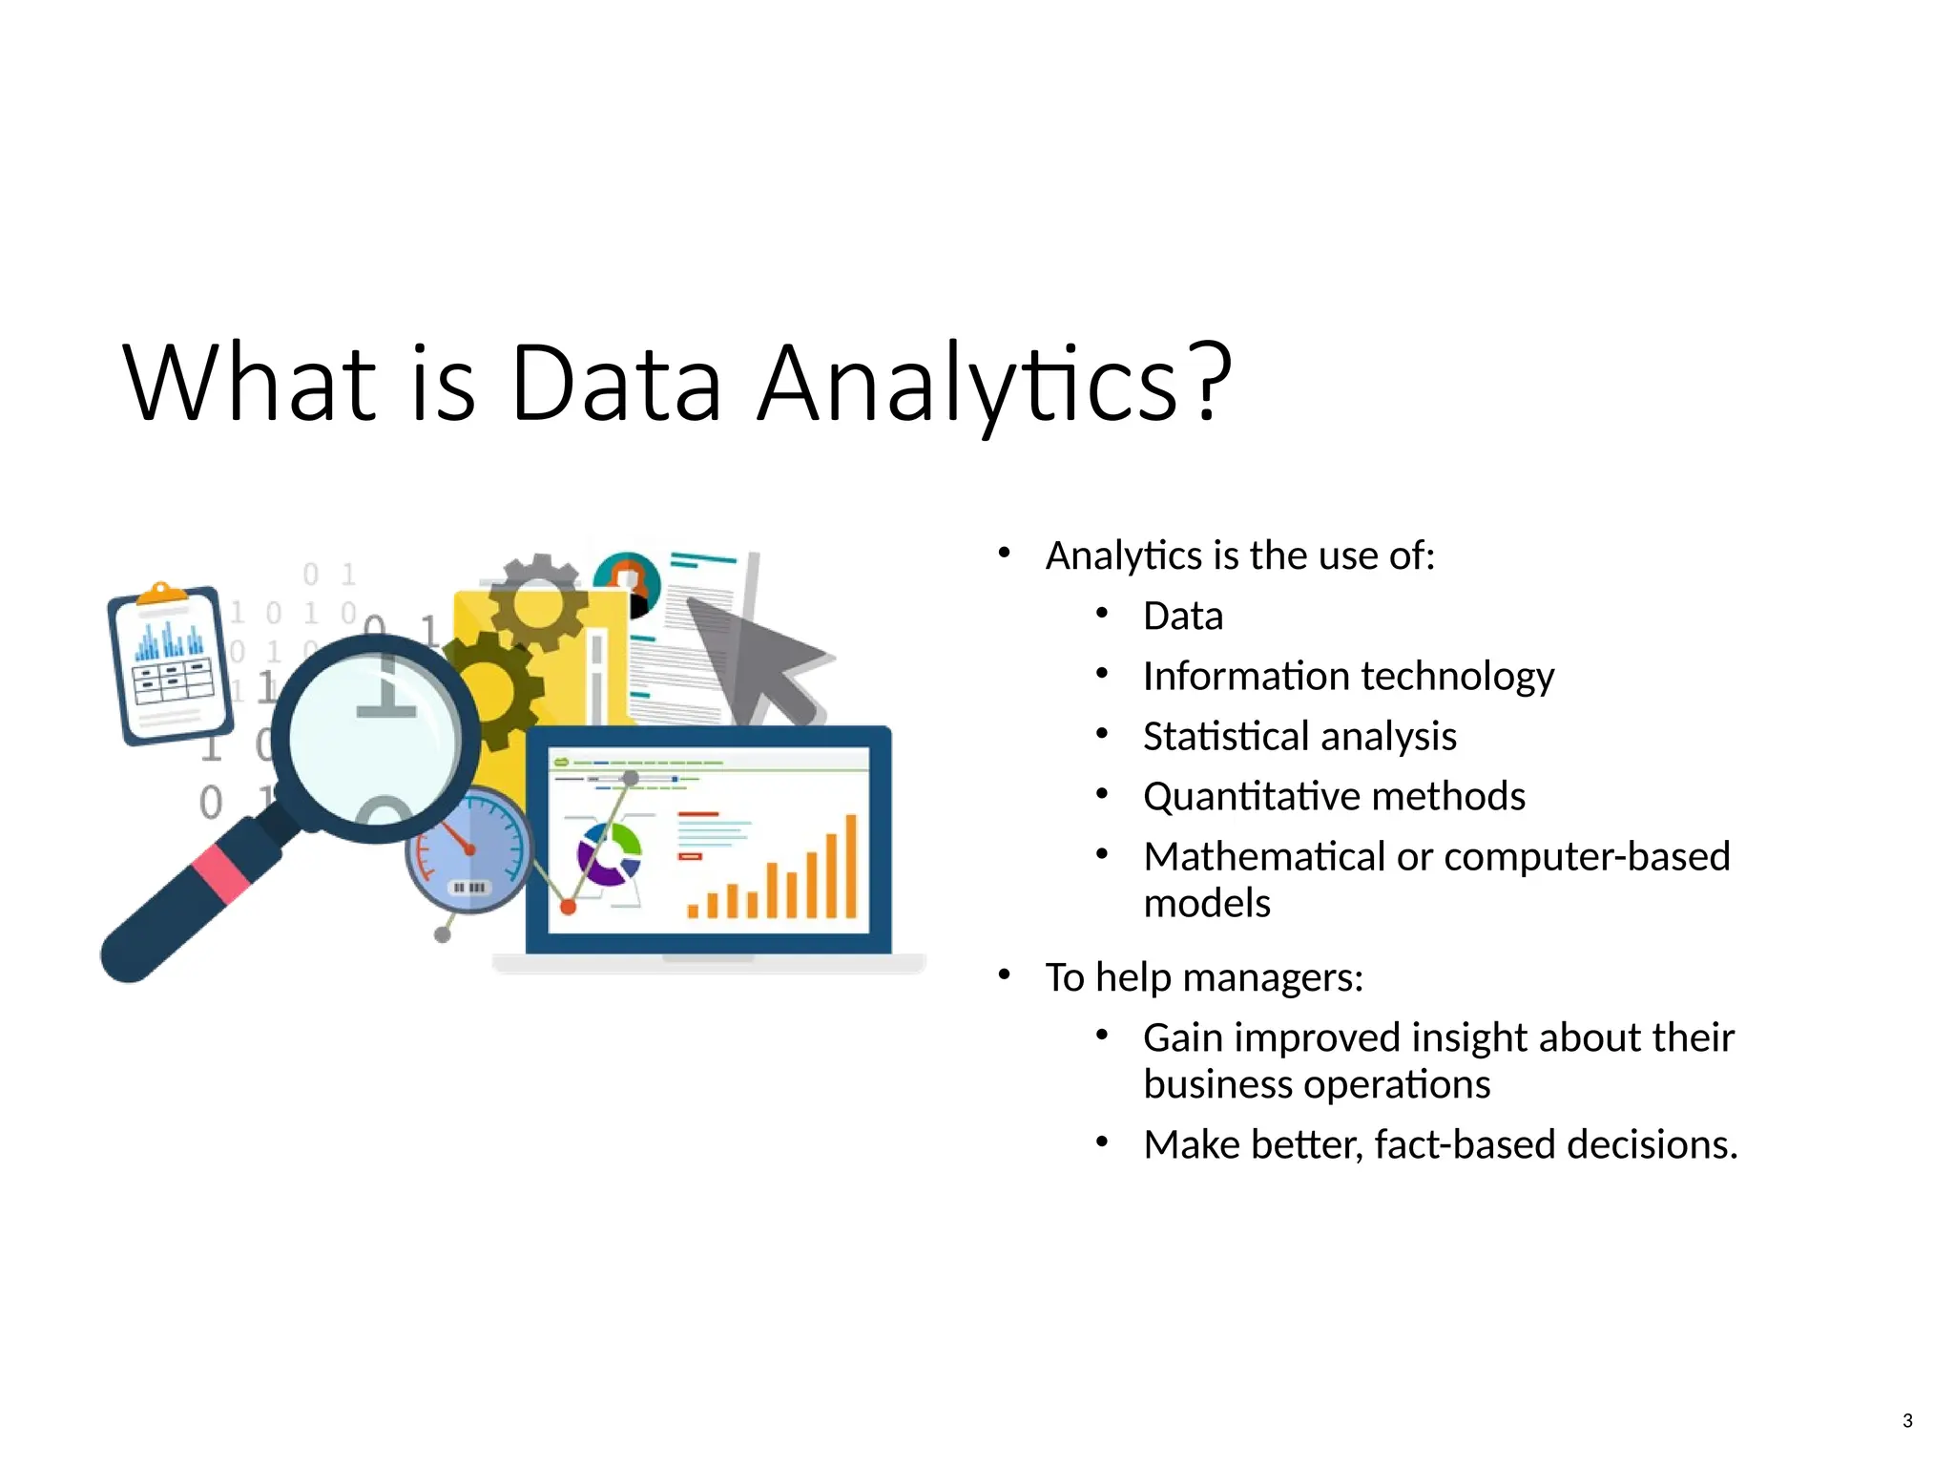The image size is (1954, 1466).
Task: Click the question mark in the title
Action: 1208,384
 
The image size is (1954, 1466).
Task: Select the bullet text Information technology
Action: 1347,676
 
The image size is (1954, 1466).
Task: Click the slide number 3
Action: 1906,1420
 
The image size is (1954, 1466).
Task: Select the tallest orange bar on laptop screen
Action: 851,865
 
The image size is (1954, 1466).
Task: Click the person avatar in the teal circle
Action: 627,580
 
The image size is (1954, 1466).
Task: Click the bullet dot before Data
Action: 1102,614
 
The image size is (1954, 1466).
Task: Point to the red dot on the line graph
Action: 568,907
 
